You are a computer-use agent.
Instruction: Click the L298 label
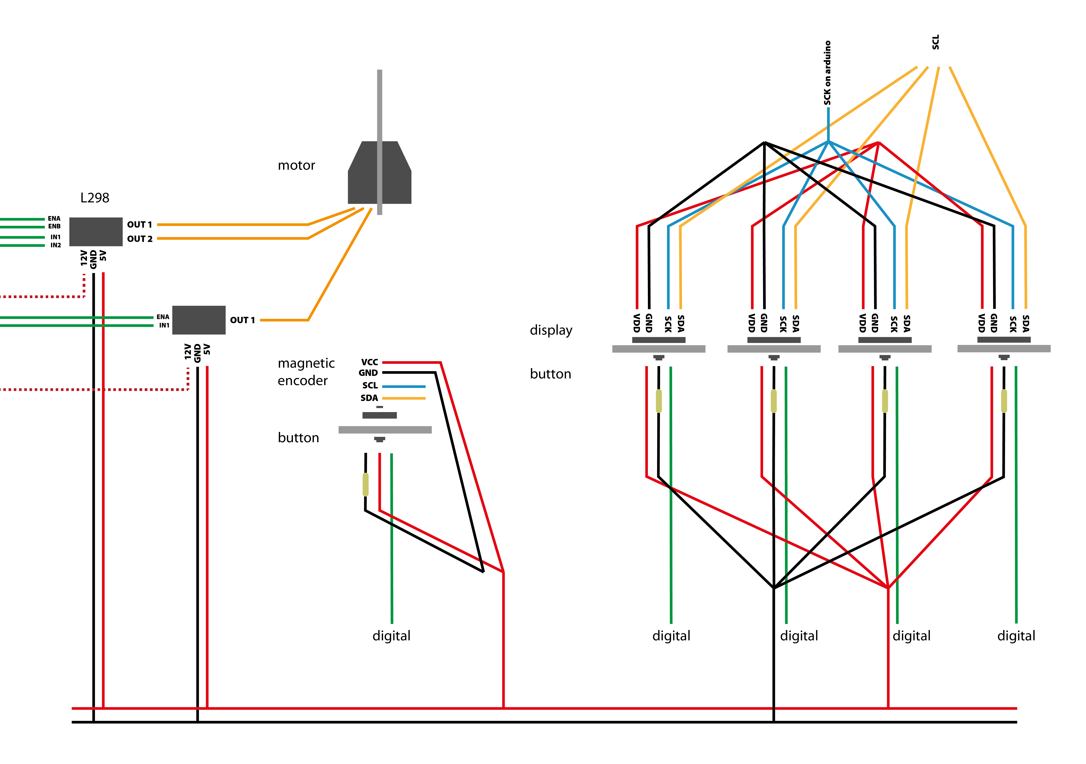tap(95, 198)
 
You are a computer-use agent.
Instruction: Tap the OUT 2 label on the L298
tap(139, 239)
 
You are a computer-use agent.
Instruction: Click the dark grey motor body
tap(364, 184)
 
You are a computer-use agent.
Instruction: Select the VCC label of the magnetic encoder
tap(369, 362)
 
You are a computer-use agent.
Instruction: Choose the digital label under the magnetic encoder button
tap(391, 636)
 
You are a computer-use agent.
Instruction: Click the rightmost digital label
tap(1016, 636)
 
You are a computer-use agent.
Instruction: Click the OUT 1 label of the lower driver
tap(242, 320)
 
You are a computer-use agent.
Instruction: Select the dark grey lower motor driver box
tap(199, 320)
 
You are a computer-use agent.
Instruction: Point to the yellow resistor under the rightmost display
tap(1004, 401)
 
